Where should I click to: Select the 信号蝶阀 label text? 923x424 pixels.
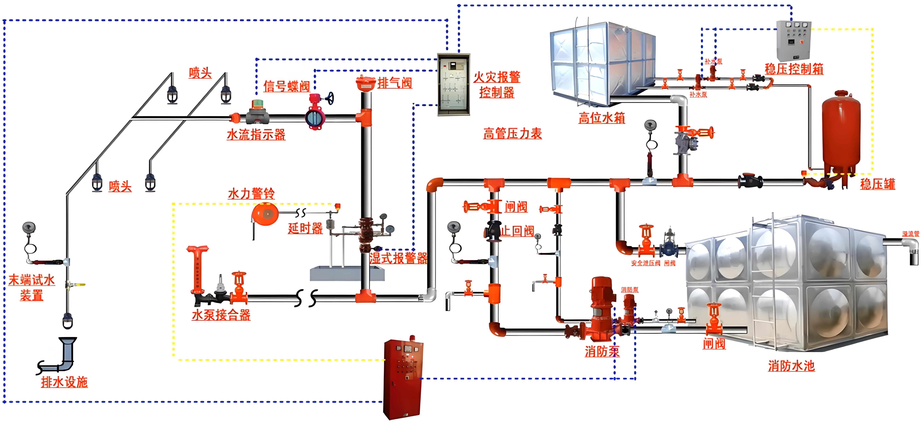click(287, 87)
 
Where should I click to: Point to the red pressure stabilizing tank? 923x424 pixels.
click(841, 133)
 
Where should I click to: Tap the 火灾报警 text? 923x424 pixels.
click(497, 77)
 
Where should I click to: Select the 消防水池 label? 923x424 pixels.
click(791, 366)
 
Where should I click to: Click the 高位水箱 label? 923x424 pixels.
click(602, 118)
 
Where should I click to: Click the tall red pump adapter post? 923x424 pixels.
click(197, 269)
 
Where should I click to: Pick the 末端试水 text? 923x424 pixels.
click(32, 280)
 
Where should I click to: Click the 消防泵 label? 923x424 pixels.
click(602, 351)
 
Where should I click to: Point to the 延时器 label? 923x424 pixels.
click(305, 228)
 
